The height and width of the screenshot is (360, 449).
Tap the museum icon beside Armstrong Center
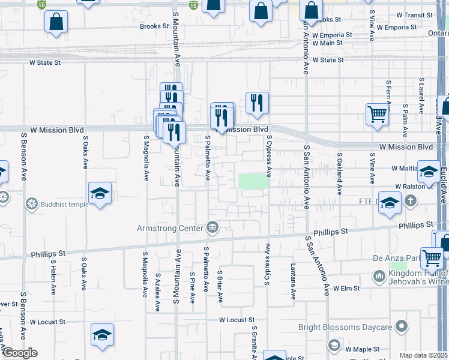click(x=212, y=227)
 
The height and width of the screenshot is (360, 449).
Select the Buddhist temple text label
click(x=65, y=204)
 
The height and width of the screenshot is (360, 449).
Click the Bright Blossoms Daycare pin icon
click(x=402, y=327)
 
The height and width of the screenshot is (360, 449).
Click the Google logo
click(x=19, y=353)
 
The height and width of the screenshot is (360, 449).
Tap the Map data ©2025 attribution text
click(x=423, y=355)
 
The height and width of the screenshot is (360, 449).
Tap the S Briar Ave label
click(x=220, y=286)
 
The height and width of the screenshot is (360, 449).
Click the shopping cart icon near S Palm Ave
click(x=377, y=114)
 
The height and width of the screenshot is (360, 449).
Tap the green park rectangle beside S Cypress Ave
click(x=253, y=181)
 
